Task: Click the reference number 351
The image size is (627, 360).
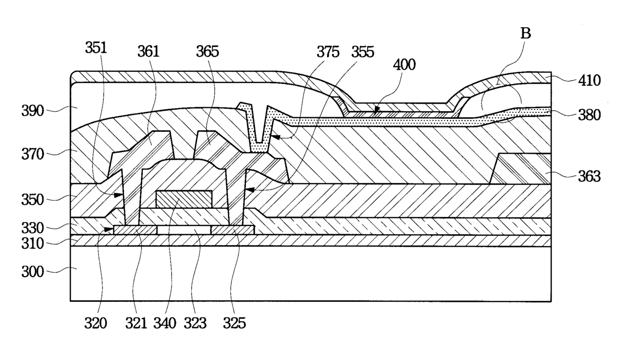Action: (x=96, y=48)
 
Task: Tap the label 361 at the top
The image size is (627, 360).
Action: (x=148, y=52)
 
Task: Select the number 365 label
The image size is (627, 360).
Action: (x=207, y=52)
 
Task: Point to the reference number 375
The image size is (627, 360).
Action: (x=328, y=52)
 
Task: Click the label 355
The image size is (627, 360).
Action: (x=363, y=52)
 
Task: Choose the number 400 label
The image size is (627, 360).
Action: (x=404, y=65)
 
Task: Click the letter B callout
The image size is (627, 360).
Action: (x=525, y=33)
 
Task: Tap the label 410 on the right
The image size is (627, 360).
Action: (x=590, y=80)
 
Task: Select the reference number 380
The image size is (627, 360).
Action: (x=590, y=115)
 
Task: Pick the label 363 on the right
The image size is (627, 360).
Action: (x=590, y=176)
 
